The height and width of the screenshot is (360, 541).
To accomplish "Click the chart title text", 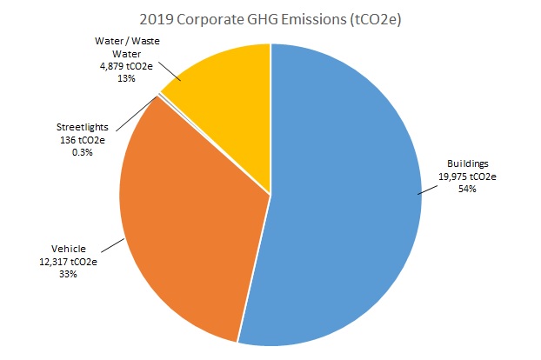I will pyautogui.click(x=270, y=17).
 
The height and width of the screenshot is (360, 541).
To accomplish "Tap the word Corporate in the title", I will pyautogui.click(x=219, y=17).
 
